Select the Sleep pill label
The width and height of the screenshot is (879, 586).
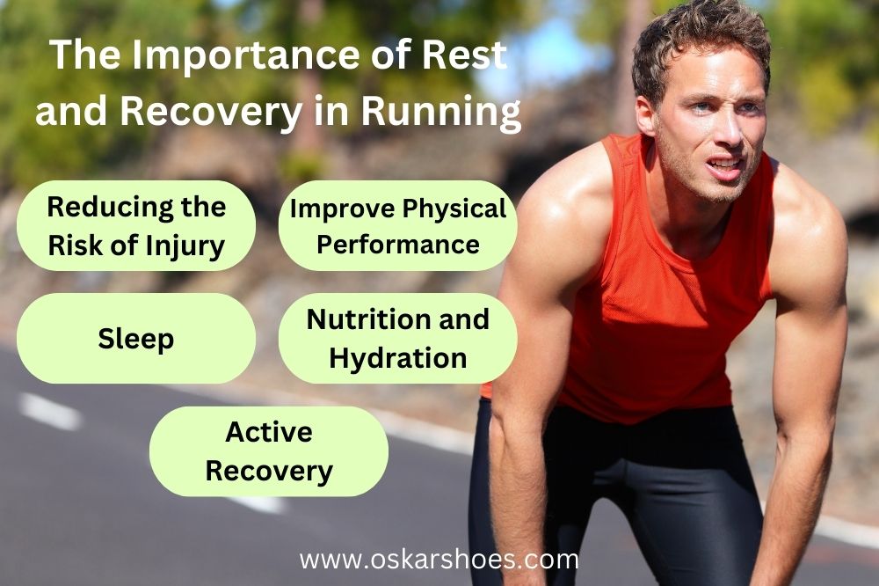(135, 339)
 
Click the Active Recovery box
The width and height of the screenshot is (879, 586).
(268, 451)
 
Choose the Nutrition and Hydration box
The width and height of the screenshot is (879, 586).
(397, 339)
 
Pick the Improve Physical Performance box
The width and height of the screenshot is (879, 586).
(397, 225)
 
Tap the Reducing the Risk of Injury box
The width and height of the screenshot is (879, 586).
(136, 225)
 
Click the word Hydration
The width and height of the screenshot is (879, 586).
(397, 358)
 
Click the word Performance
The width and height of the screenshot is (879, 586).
(398, 244)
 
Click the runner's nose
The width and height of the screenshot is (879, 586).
(723, 141)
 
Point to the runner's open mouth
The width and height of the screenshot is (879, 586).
(723, 165)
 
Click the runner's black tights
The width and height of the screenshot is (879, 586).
(615, 493)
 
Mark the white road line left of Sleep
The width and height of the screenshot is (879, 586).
(49, 410)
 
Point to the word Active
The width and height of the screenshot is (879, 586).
(268, 432)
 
